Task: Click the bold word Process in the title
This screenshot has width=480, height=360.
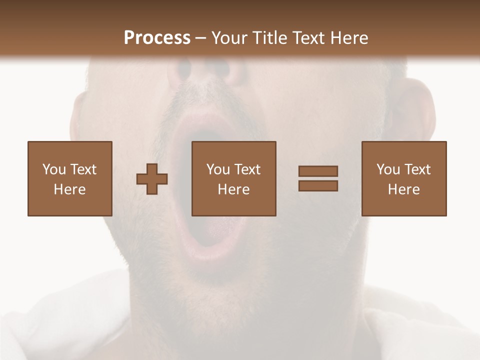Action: pyautogui.click(x=157, y=38)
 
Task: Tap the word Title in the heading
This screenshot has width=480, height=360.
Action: pyautogui.click(x=269, y=38)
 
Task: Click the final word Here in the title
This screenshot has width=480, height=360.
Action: pyautogui.click(x=349, y=38)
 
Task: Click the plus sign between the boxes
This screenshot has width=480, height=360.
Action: pyautogui.click(x=152, y=178)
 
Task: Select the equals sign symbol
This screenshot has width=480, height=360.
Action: pyautogui.click(x=318, y=178)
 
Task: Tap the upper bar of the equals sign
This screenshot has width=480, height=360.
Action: pyautogui.click(x=318, y=171)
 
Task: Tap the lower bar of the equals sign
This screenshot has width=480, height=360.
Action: pyautogui.click(x=318, y=186)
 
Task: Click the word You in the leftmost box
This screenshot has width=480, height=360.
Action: pyautogui.click(x=54, y=169)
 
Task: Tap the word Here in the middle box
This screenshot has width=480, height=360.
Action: pyautogui.click(x=234, y=189)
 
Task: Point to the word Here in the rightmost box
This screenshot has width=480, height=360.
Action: pyautogui.click(x=404, y=189)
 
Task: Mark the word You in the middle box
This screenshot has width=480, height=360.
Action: pyautogui.click(x=218, y=169)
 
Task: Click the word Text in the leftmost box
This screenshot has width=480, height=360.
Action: pyautogui.click(x=83, y=169)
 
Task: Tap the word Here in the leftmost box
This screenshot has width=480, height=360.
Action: pyautogui.click(x=70, y=189)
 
